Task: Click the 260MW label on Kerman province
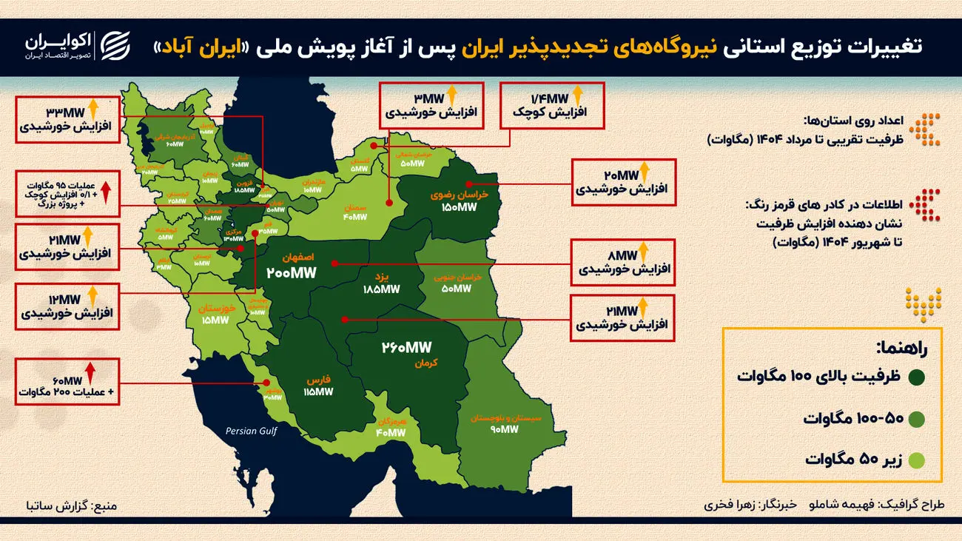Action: coord(406,348)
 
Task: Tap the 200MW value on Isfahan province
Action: coord(292,273)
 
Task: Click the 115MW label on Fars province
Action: coord(318,392)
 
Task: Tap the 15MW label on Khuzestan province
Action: coord(215,320)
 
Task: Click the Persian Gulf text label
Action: coord(252,431)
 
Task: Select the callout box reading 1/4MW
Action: coord(552,107)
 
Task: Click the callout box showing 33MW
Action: coord(67,119)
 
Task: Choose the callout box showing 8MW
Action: coord(622,263)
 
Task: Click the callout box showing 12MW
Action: coord(67,306)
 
